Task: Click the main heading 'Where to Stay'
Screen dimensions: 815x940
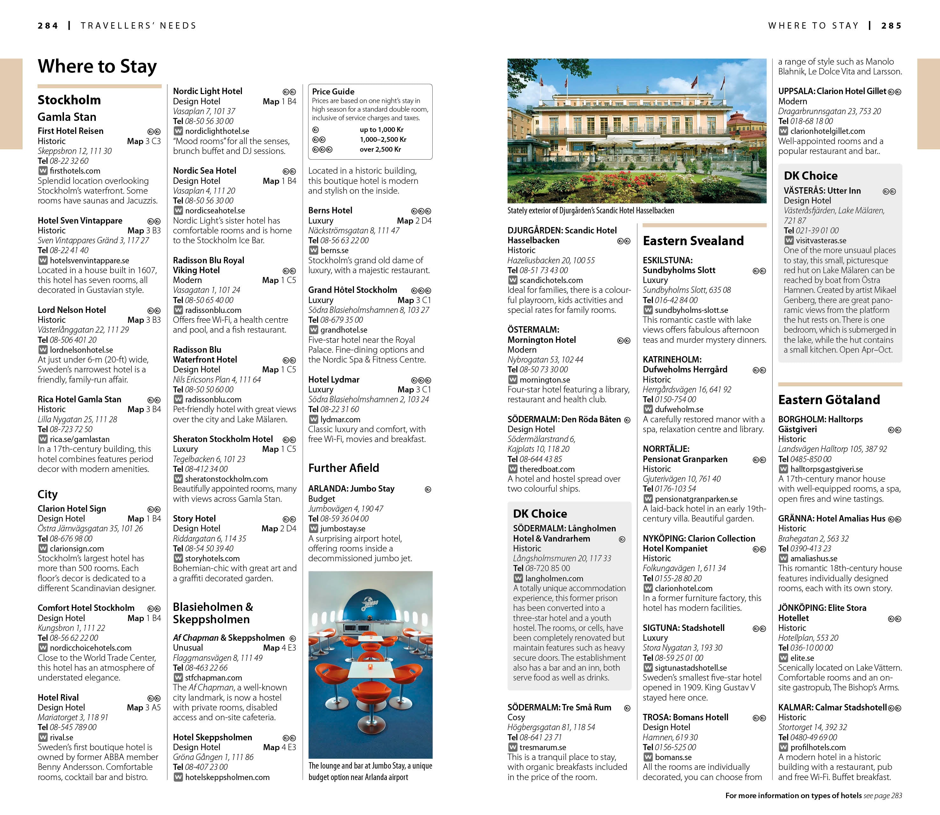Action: tap(97, 66)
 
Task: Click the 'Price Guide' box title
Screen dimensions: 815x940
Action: tap(333, 91)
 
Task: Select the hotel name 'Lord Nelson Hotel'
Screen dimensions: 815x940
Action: tap(72, 310)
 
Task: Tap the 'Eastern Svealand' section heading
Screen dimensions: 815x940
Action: tap(693, 241)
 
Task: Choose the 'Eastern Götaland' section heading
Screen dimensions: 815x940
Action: tap(829, 400)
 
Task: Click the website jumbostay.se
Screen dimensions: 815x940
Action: tap(342, 528)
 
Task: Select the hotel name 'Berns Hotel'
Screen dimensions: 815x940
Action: tap(330, 211)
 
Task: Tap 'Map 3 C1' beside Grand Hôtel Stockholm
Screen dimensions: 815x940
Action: tap(414, 300)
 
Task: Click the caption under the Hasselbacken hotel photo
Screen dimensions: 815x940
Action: tap(590, 211)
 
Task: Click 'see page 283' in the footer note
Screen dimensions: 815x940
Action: tap(883, 795)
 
